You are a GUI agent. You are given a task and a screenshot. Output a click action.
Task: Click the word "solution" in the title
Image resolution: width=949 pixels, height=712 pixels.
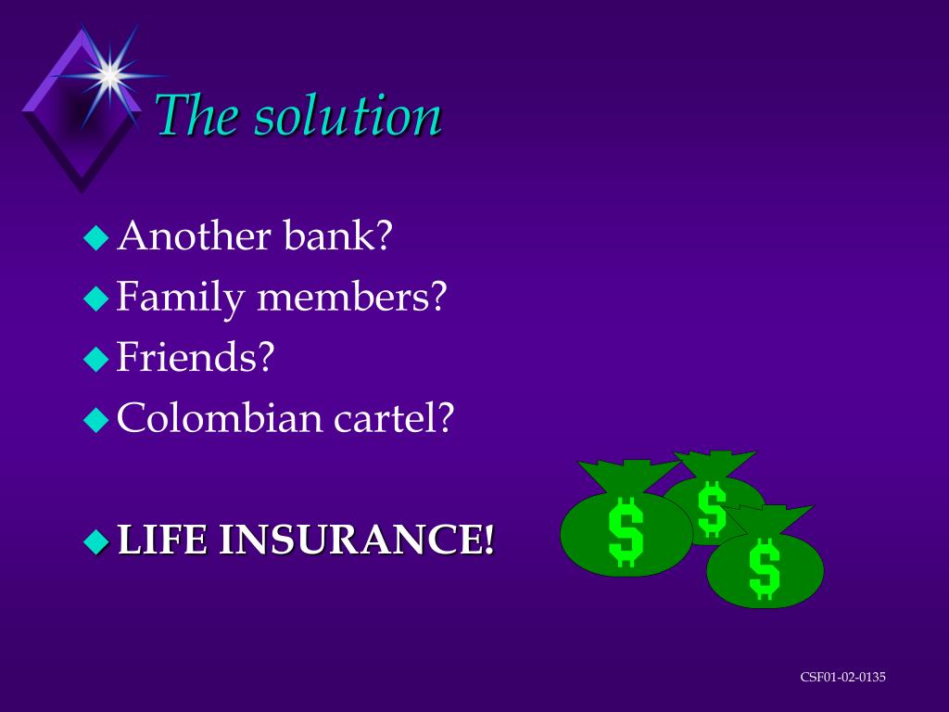click(348, 117)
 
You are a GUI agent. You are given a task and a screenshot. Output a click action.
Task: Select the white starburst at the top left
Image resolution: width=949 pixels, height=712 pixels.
click(109, 74)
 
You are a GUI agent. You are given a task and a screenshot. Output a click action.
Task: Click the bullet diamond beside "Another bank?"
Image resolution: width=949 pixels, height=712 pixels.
click(96, 239)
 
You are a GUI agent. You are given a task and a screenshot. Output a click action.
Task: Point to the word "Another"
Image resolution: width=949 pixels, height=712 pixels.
click(194, 236)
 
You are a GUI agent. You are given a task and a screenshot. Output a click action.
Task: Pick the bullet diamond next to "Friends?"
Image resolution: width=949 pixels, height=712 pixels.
click(96, 360)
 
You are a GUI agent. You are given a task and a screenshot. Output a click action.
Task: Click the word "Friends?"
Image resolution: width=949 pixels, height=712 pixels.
click(196, 357)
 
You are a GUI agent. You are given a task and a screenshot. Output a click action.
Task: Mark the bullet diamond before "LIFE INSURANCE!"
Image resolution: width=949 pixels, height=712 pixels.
click(96, 541)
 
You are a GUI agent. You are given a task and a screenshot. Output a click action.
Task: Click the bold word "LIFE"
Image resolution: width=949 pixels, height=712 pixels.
click(162, 540)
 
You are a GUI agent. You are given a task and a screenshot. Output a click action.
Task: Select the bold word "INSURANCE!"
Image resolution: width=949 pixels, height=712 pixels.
click(357, 540)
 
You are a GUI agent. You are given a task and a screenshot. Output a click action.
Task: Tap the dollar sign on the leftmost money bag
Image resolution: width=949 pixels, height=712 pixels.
click(626, 532)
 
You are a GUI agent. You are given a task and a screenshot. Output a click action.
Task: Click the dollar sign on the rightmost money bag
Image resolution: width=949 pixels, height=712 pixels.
click(765, 569)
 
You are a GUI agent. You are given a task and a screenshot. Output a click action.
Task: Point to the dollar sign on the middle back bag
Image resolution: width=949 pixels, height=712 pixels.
click(712, 509)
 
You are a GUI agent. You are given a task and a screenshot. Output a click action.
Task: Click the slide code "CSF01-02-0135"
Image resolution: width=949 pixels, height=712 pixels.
click(842, 677)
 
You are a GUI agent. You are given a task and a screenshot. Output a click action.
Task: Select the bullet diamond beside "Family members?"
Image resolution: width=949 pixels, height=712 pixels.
click(96, 299)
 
